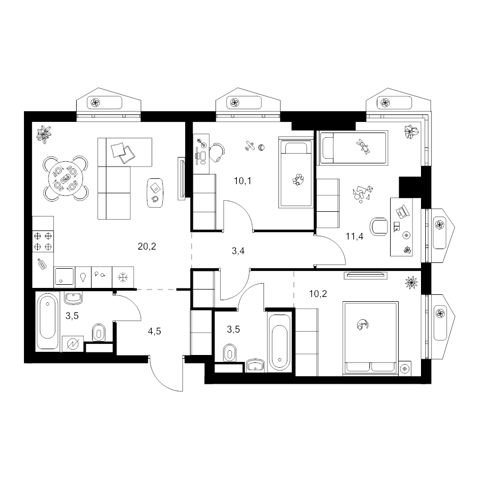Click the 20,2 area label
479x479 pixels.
(147, 246)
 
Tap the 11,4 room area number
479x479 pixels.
(354, 236)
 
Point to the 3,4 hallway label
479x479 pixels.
(238, 251)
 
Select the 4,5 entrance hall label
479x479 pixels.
(154, 331)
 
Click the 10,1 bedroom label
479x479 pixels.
(243, 181)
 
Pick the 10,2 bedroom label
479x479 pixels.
(318, 294)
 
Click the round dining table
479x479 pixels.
(65, 178)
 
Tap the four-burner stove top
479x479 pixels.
(43, 241)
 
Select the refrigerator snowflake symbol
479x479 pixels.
(123, 277)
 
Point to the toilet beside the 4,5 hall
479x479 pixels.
(98, 332)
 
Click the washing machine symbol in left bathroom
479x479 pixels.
(73, 344)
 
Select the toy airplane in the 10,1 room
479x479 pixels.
(250, 145)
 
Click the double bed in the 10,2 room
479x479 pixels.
(370, 338)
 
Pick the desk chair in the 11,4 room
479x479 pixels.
(378, 227)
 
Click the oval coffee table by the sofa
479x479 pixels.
(155, 193)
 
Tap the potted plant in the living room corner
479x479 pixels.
(44, 134)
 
